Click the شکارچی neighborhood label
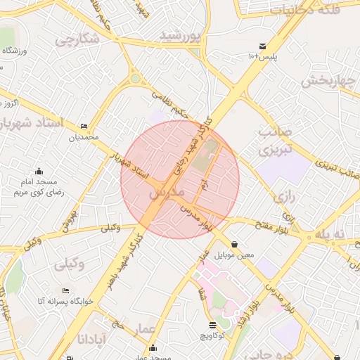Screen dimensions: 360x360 tap(72, 40)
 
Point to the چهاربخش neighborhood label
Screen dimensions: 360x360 tap(330, 79)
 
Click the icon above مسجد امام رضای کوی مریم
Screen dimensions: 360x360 tap(39, 171)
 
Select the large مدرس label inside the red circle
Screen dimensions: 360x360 tap(167, 191)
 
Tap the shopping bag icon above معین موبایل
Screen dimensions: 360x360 tap(233, 245)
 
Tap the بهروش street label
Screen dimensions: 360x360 tap(68, 219)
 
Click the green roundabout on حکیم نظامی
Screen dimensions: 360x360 tap(135, 79)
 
